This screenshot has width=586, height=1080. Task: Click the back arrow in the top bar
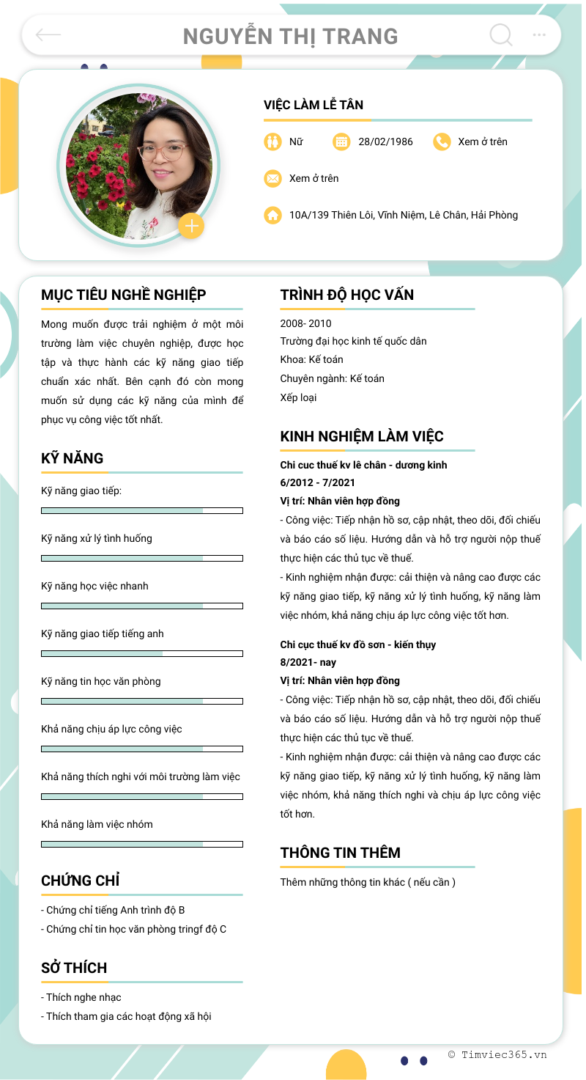click(x=48, y=34)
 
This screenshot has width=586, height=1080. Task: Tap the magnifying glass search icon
click(x=500, y=34)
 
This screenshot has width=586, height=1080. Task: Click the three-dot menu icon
click(x=539, y=34)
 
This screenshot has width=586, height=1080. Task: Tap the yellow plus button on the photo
click(x=191, y=226)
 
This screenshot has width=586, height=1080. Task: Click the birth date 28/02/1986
click(x=385, y=142)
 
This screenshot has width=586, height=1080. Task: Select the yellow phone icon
click(x=442, y=142)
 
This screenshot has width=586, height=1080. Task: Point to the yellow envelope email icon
click(x=272, y=178)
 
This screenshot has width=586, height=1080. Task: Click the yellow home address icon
click(x=272, y=215)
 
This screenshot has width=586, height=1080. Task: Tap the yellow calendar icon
click(x=341, y=142)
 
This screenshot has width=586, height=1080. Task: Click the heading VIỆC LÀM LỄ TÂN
click(x=314, y=105)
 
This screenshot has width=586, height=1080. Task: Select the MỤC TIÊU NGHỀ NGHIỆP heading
click(x=124, y=295)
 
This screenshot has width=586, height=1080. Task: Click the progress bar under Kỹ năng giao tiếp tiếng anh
click(x=142, y=653)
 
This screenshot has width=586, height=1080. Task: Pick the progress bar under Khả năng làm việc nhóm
click(x=142, y=844)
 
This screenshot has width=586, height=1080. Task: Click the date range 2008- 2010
click(x=305, y=323)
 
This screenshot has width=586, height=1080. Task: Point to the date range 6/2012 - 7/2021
click(x=318, y=482)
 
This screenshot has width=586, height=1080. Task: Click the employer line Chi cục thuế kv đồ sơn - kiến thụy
click(x=358, y=644)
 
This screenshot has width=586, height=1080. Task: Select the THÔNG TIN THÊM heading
click(x=340, y=853)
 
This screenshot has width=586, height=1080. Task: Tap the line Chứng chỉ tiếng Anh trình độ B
click(x=113, y=910)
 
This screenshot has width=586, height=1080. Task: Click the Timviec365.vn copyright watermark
click(x=497, y=1054)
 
